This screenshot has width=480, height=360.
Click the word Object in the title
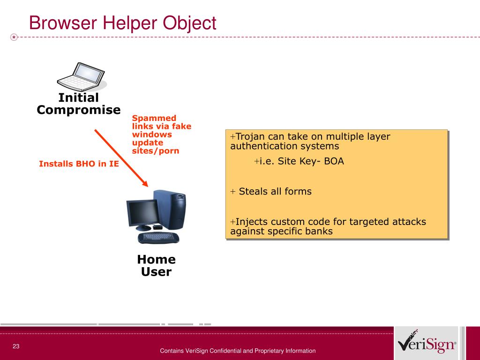tap(189, 23)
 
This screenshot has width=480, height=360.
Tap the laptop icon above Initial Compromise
tap(82, 77)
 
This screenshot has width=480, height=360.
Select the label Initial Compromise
tap(79, 104)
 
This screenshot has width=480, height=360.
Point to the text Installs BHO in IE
tap(79, 164)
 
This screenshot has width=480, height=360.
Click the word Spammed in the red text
tap(154, 119)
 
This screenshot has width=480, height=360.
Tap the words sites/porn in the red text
tap(156, 150)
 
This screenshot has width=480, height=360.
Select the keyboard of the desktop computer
tap(158, 238)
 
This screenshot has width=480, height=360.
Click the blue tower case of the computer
tap(170, 210)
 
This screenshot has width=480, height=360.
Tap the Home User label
tap(157, 265)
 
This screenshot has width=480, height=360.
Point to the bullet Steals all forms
tap(271, 191)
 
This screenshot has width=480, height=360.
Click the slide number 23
tap(16, 346)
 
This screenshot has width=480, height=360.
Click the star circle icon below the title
tap(14, 37)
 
